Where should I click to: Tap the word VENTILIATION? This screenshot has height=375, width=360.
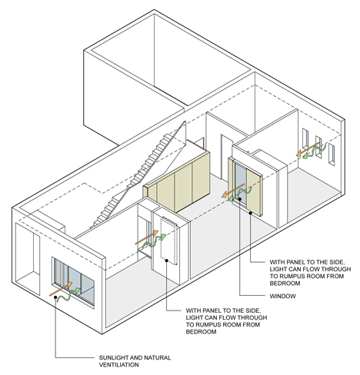pos(118,364)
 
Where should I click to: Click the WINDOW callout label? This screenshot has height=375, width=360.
pos(282,296)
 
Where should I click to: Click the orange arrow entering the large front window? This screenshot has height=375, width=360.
pos(61,289)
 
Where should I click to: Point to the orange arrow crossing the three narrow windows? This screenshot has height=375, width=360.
pos(308,149)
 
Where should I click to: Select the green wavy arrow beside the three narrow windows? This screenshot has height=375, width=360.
pos(315,151)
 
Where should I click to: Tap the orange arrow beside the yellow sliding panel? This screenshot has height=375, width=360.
pos(233,191)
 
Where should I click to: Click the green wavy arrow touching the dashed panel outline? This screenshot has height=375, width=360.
pos(155,241)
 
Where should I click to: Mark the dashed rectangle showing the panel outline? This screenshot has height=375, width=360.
pos(169,241)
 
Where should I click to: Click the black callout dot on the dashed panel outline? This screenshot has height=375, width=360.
pos(167,261)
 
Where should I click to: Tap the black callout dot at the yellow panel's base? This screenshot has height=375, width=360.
pos(251,213)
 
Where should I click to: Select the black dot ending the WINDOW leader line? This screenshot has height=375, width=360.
pos(240,199)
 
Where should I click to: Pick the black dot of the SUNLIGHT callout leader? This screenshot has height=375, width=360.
pos(55,297)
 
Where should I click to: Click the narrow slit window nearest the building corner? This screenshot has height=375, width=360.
pos(332,154)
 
